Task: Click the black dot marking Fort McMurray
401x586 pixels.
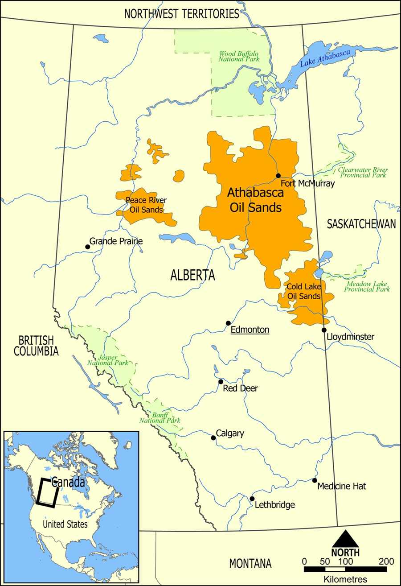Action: pos(278,176)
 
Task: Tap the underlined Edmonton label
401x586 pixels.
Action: pos(250,330)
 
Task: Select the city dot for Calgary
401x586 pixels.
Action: pos(213,438)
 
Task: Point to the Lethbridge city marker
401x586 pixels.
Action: pos(252,499)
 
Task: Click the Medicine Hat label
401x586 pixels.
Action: pos(342,486)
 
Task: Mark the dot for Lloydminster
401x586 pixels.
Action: pos(324,330)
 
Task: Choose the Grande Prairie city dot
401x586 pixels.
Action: pos(87,246)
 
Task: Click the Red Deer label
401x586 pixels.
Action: pos(240,388)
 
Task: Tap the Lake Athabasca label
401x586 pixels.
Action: pos(325,58)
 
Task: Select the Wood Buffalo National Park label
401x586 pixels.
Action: pos(239,56)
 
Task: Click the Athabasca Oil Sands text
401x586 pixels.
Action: pos(255,200)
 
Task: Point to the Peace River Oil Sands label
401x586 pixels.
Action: pos(146,205)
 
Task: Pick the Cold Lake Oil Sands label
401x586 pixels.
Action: pos(303,291)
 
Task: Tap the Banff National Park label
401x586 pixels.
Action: pos(160,417)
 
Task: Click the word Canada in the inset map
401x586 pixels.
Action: pos(68,482)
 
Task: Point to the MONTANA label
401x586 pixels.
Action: pos(250,563)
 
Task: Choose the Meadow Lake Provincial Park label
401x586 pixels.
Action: pos(367,286)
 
